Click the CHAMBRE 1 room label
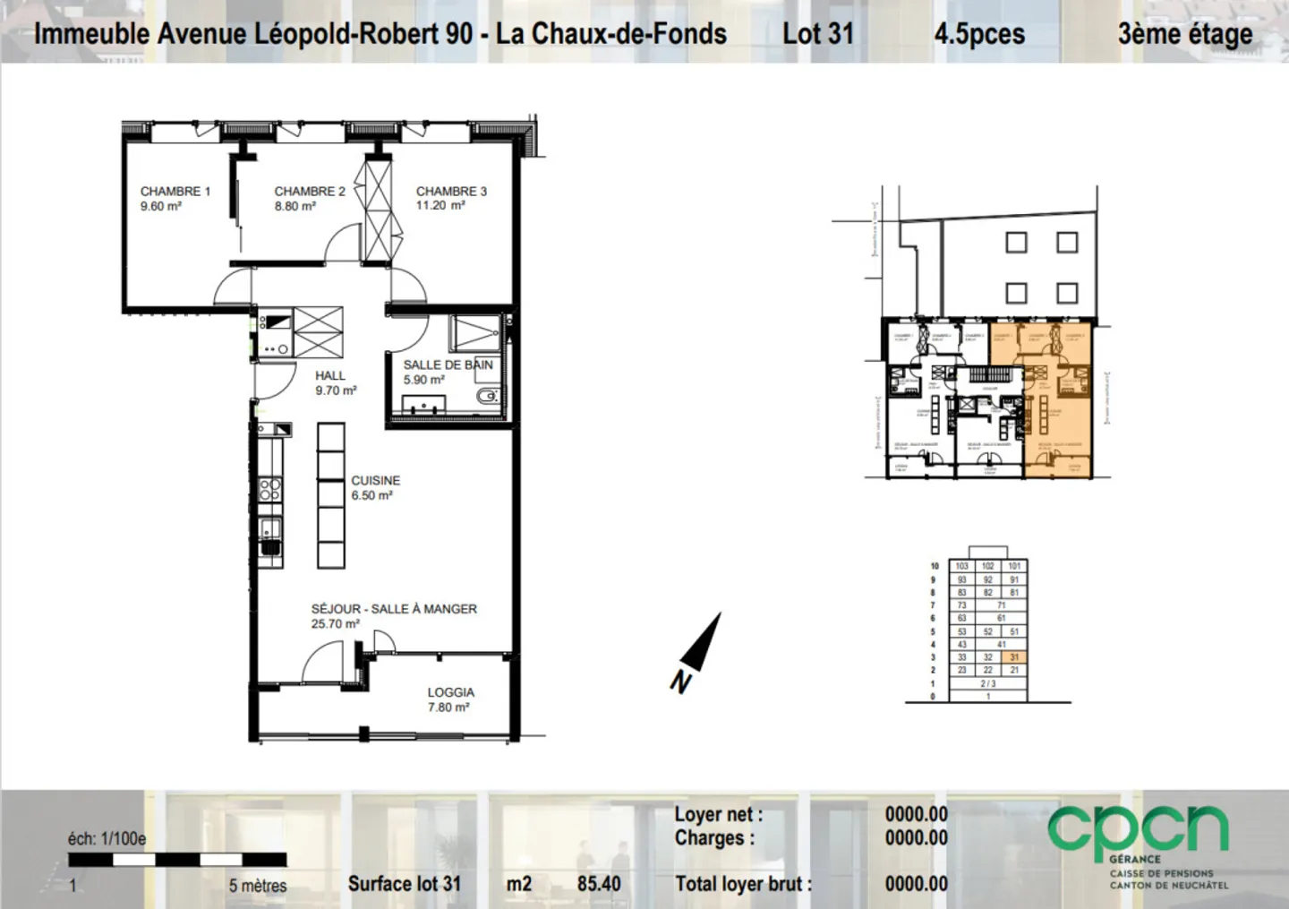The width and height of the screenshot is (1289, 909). coord(175,191)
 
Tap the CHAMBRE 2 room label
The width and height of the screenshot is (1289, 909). coord(309,191)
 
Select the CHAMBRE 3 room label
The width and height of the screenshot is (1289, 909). coord(451,191)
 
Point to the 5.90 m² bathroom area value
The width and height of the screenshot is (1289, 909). coord(423,380)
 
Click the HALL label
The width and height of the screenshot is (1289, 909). coord(329,375)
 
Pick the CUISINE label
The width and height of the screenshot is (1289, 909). coord(375,480)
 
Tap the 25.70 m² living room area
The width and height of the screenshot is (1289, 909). coord(335,623)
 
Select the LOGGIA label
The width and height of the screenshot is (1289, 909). coord(450,692)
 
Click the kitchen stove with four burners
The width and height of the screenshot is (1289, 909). coord(269,489)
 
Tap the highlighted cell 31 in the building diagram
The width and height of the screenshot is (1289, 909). coord(1013,657)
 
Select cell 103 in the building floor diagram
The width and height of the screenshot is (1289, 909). coord(961,566)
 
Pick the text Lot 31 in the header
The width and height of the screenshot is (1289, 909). coord(817,34)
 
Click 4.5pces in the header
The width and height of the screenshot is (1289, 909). coord(979,34)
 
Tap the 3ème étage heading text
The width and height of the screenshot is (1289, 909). coord(1184,34)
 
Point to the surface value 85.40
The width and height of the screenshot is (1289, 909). coord(599,884)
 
